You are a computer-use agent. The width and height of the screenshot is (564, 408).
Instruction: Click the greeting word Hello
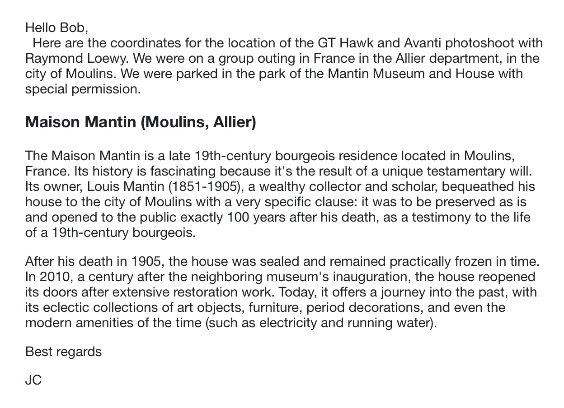[41, 28]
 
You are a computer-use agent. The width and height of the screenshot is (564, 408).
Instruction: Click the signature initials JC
[33, 380]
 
